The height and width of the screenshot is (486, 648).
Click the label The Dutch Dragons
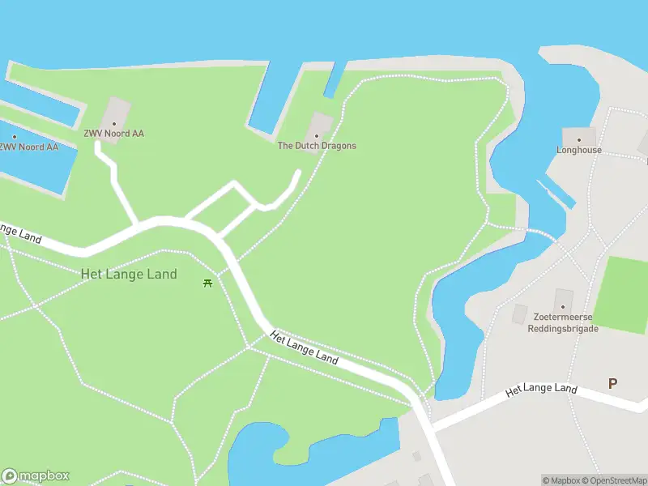(x=317, y=146)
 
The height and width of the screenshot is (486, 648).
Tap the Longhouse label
(x=579, y=150)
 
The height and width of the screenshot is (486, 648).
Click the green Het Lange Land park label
(x=129, y=274)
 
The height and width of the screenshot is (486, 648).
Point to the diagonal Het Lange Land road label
(x=304, y=347)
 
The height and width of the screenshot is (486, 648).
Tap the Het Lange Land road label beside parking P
(x=541, y=390)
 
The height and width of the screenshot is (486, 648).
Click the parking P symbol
(x=612, y=383)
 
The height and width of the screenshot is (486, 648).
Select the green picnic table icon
(x=208, y=283)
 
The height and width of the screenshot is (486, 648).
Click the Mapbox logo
(x=36, y=476)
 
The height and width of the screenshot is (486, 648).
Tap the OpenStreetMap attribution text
(x=612, y=480)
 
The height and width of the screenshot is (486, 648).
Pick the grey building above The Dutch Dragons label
(x=322, y=122)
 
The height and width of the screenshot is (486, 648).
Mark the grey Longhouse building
(x=579, y=136)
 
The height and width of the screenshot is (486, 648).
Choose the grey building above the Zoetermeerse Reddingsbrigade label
(x=563, y=297)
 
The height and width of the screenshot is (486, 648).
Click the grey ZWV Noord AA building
(x=117, y=112)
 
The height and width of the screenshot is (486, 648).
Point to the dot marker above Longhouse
(x=579, y=139)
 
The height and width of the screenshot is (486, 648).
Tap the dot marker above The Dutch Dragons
(x=317, y=135)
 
